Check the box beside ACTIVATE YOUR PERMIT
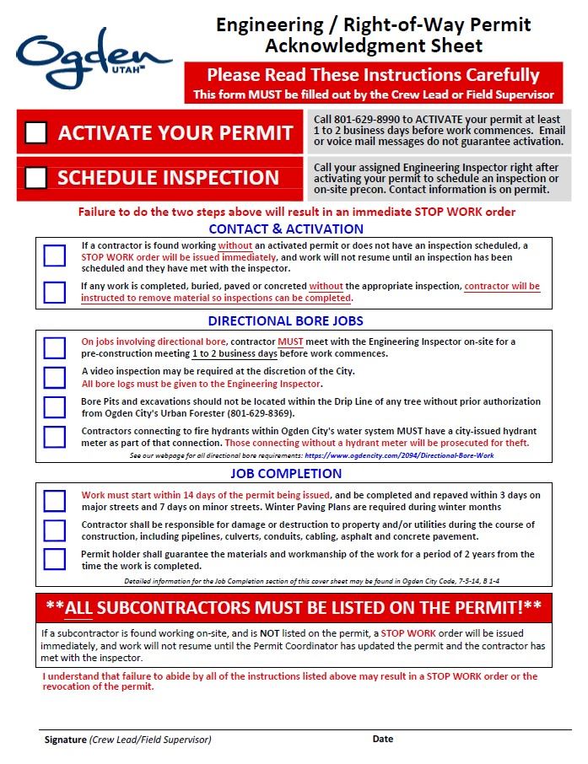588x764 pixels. pyautogui.click(x=36, y=133)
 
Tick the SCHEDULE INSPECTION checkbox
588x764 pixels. pyautogui.click(x=36, y=178)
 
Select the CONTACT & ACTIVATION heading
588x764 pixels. pyautogui.click(x=286, y=229)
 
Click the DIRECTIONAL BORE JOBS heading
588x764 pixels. pyautogui.click(x=286, y=321)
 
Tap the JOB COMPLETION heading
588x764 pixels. pyautogui.click(x=286, y=473)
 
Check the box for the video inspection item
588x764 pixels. pyautogui.click(x=55, y=378)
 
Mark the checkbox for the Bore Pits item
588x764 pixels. pyautogui.click(x=55, y=407)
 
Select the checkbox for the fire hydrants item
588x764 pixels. pyautogui.click(x=55, y=437)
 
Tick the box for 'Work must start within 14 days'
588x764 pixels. pyautogui.click(x=55, y=501)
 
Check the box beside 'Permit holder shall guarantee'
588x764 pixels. pyautogui.click(x=55, y=559)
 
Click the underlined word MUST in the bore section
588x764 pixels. pyautogui.click(x=290, y=342)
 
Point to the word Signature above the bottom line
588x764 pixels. pyautogui.click(x=65, y=740)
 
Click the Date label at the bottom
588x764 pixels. pyautogui.click(x=383, y=739)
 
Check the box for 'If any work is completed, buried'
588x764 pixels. pyautogui.click(x=55, y=292)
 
